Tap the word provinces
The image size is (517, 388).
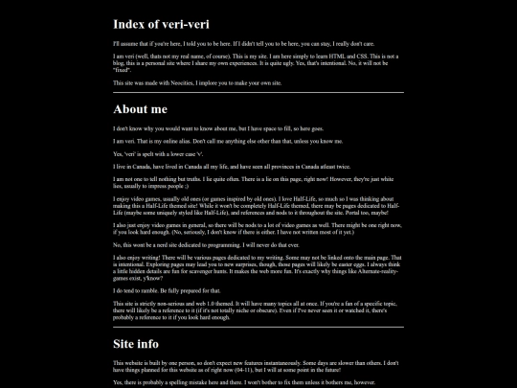[x=284, y=166]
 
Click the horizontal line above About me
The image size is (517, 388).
[x=258, y=94]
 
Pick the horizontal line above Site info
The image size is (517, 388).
[x=258, y=327]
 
